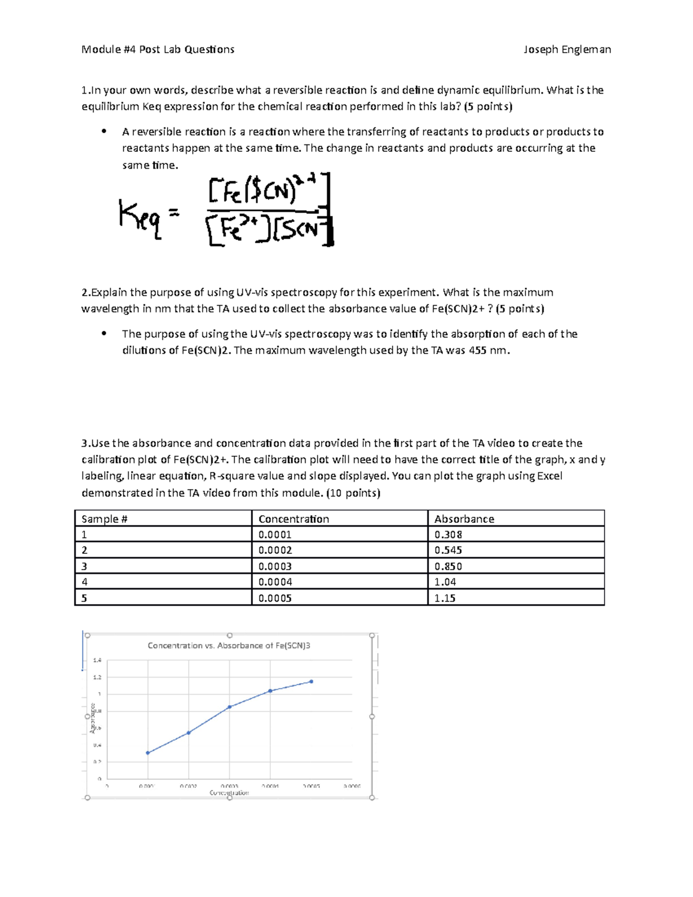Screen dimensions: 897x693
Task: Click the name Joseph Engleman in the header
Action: point(567,50)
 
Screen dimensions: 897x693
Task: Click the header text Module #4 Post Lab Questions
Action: point(158,50)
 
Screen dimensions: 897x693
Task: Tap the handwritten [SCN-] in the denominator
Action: point(301,230)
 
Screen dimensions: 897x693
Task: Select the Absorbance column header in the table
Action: point(464,519)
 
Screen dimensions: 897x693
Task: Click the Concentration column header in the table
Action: point(293,519)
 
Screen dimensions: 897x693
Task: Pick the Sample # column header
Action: point(105,519)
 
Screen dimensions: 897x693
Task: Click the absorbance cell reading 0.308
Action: point(448,534)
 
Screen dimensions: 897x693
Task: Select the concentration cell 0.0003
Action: point(275,566)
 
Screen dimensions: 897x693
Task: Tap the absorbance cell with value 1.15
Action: point(445,598)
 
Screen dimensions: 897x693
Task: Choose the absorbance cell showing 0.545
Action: point(448,550)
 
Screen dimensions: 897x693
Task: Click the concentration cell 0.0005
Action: point(275,598)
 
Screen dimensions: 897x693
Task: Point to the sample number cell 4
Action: point(84,582)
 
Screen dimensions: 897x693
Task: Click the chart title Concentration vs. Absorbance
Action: point(229,645)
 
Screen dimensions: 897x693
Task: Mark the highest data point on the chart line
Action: point(311,682)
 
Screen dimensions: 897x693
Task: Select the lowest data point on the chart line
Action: point(148,753)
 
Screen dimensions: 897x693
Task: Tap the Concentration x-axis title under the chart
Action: point(229,792)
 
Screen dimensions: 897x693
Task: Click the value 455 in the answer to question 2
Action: point(477,350)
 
